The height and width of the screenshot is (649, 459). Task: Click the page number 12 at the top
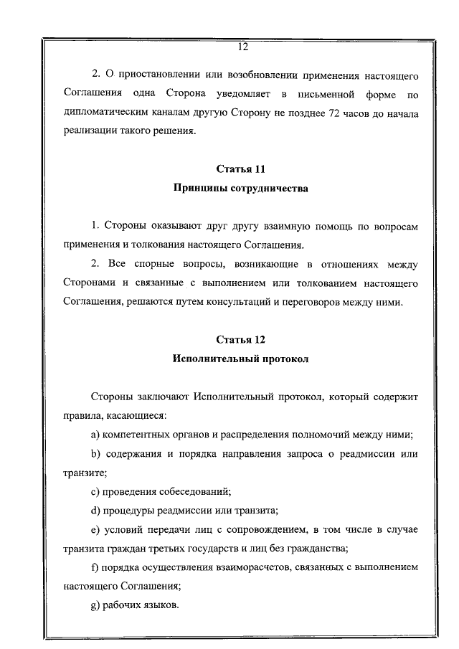pos(242,47)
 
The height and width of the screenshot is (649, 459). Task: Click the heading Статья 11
pos(241,169)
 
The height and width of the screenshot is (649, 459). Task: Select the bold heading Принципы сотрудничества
pos(241,189)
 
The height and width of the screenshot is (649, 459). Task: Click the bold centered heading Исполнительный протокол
pos(241,359)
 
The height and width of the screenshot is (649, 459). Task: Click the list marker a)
pos(95,435)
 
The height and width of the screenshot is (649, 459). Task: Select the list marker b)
pos(95,454)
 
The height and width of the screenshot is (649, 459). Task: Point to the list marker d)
pos(95,511)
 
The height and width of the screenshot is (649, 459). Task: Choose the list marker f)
pos(95,568)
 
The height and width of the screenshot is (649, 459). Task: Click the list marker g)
pos(95,606)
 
